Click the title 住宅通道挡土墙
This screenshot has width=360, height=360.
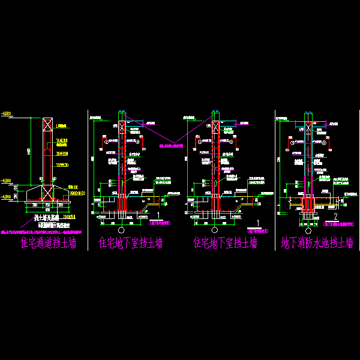49,243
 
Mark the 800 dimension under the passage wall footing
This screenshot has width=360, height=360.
47,210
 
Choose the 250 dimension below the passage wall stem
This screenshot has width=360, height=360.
47,203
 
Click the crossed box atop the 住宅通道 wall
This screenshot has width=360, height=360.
47,125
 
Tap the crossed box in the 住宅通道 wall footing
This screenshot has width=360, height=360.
47,193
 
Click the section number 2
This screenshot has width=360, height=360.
336,215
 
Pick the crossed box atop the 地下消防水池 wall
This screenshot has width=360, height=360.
309,127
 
